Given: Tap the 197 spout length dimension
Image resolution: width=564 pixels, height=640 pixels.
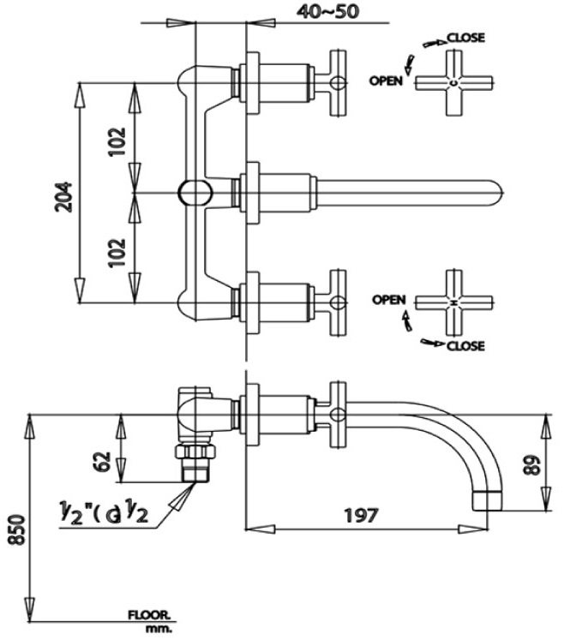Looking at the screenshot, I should (361, 515).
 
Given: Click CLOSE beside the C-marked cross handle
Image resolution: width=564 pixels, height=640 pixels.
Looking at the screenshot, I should (465, 37).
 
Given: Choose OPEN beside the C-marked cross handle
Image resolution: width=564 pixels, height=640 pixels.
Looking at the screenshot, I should (387, 81).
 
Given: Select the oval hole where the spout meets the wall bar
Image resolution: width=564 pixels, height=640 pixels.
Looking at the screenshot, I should (193, 192).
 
